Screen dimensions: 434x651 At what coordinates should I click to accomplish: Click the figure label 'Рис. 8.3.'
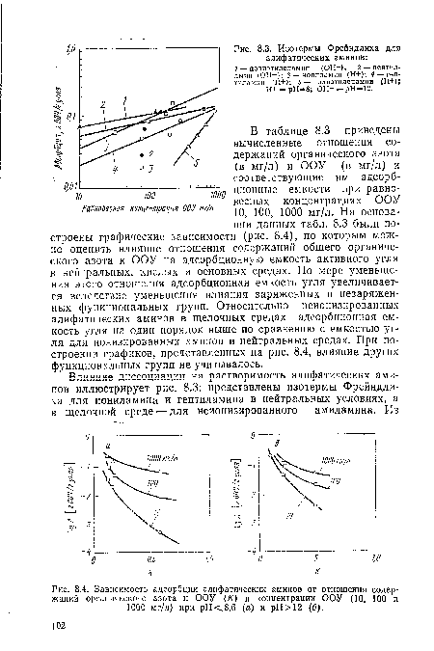249,49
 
